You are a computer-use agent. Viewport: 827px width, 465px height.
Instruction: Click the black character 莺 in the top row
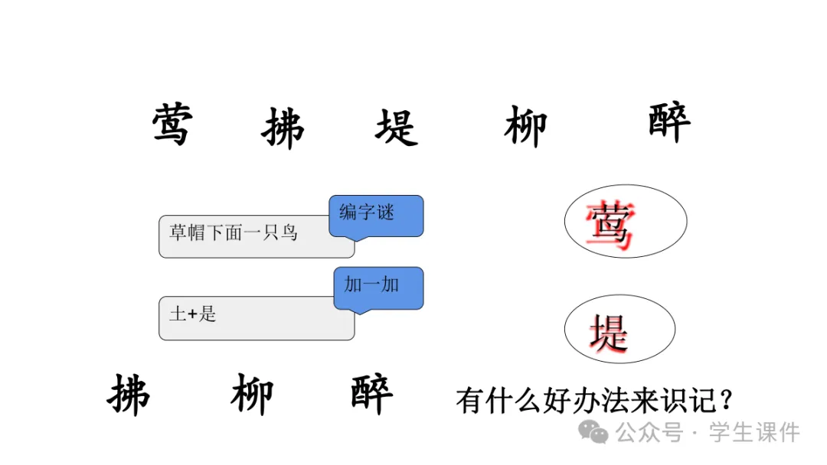pos(172,125)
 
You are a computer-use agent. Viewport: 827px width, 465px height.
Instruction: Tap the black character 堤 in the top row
pos(397,127)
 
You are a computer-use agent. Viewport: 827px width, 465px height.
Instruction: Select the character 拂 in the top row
pos(283,127)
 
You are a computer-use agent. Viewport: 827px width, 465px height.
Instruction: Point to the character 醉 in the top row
pos(669,122)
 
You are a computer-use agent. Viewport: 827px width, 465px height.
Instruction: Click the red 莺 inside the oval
pos(610,226)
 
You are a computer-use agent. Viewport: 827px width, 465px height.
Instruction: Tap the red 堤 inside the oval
pos(610,333)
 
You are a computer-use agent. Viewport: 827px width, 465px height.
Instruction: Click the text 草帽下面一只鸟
pos(234,232)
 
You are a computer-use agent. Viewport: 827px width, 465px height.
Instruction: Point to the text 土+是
pos(193,314)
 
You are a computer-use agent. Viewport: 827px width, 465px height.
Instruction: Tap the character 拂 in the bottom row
pos(129,395)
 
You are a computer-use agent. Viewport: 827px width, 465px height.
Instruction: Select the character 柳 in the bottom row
pos(252,395)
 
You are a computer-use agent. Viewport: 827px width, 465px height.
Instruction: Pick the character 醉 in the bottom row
pos(372,393)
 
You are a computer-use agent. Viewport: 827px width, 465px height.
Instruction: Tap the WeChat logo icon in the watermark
pos(593,433)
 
